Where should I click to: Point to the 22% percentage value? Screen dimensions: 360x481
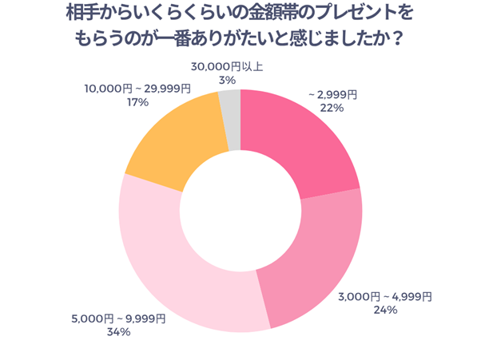click(332, 108)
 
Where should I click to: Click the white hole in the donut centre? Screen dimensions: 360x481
click(240, 211)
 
